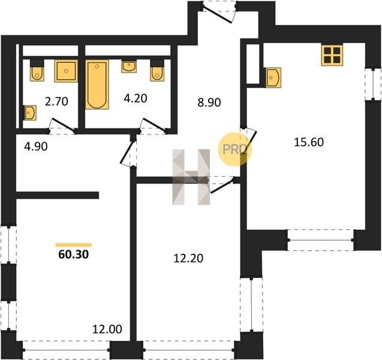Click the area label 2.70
(x=56, y=101)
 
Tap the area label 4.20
(x=136, y=98)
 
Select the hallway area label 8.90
(x=209, y=103)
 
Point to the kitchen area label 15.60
(x=309, y=142)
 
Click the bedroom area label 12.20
(x=188, y=259)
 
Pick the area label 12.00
(x=107, y=329)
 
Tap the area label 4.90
(x=36, y=147)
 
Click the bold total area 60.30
(x=74, y=255)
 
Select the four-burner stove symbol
(x=332, y=55)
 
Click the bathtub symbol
(x=97, y=85)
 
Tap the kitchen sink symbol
(x=273, y=77)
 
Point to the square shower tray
(x=66, y=71)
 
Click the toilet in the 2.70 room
(x=37, y=70)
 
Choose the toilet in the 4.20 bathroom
(x=157, y=70)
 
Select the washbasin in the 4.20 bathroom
(x=129, y=66)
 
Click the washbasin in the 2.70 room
(x=30, y=113)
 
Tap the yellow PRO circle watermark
(x=234, y=149)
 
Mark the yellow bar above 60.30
(x=74, y=245)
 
